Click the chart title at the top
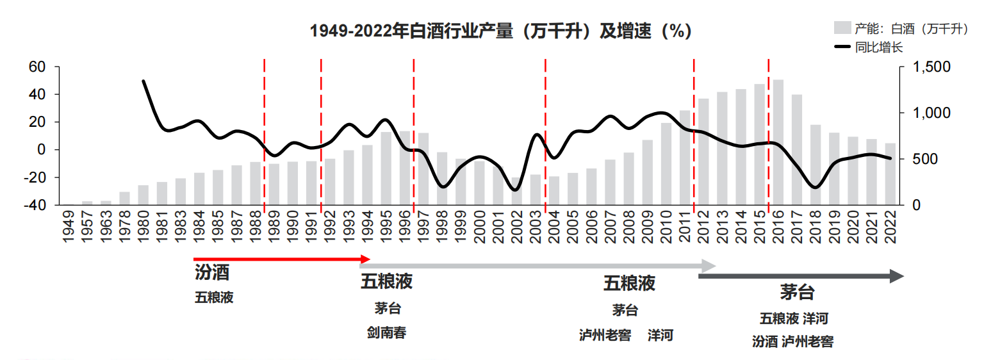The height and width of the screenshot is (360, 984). [500, 31]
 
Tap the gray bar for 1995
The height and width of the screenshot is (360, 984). [386, 168]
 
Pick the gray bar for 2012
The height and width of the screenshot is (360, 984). [703, 152]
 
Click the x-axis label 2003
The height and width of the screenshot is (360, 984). [536, 227]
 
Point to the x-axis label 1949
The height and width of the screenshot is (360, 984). [69, 227]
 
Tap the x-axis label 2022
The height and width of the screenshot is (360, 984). [890, 227]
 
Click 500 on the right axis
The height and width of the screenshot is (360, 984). [924, 159]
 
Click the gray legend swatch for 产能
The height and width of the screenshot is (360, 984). [842, 28]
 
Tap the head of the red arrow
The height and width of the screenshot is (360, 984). [366, 259]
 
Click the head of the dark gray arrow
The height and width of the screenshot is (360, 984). [897, 276]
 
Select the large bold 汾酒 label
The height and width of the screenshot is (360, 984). [212, 273]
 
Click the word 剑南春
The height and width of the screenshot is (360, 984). [386, 333]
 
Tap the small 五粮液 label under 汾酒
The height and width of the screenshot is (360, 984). [214, 298]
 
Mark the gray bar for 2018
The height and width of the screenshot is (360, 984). [816, 165]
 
